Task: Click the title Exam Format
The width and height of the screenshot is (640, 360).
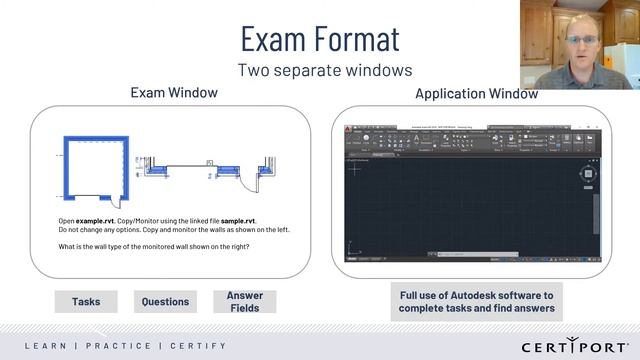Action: click(x=319, y=38)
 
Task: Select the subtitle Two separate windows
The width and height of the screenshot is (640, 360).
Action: click(x=319, y=71)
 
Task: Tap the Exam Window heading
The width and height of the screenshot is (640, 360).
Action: click(x=174, y=93)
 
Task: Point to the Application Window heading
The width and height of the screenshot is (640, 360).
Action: click(x=476, y=94)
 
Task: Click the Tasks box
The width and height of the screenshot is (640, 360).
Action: click(x=85, y=301)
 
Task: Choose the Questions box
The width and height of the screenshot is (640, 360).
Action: click(x=165, y=301)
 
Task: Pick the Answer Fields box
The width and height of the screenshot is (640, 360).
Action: click(x=245, y=301)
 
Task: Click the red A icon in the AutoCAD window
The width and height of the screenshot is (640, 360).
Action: click(x=347, y=132)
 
